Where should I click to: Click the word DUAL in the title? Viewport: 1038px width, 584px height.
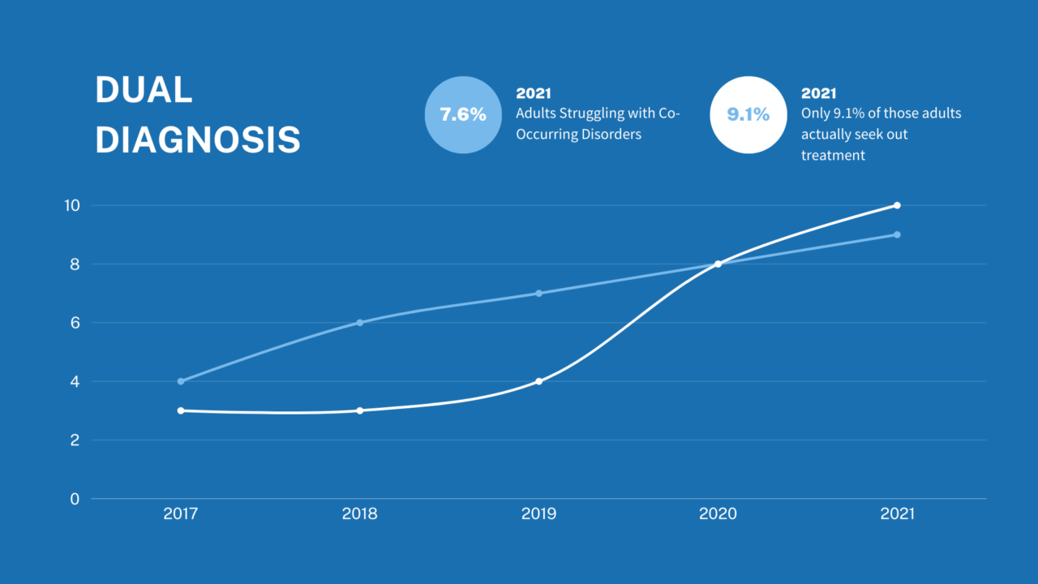pos(144,89)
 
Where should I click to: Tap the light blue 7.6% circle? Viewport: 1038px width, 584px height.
pos(463,114)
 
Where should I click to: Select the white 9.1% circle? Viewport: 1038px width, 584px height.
pos(748,114)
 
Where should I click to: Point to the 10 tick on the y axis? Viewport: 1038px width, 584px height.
pos(72,205)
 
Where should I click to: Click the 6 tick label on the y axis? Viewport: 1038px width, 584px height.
pos(75,323)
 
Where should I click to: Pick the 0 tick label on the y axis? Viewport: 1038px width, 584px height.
pos(75,499)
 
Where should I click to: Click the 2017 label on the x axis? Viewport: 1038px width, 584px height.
pos(181,513)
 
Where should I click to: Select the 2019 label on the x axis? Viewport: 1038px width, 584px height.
pos(539,513)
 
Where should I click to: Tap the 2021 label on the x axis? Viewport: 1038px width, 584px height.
pos(898,513)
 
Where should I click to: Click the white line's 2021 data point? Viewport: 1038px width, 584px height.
pos(897,205)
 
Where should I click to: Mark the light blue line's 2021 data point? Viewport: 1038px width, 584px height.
pos(897,234)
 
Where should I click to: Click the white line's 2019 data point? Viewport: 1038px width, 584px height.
pos(539,381)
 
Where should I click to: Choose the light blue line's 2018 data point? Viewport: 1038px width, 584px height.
pos(360,323)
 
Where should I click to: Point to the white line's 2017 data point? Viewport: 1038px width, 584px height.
pos(181,410)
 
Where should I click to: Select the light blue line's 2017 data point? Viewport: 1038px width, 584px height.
pos(181,381)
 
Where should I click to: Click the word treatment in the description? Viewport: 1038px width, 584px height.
pos(833,155)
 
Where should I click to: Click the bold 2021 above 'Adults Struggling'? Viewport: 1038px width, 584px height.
pos(534,93)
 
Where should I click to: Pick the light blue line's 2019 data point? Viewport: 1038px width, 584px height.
pos(539,294)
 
